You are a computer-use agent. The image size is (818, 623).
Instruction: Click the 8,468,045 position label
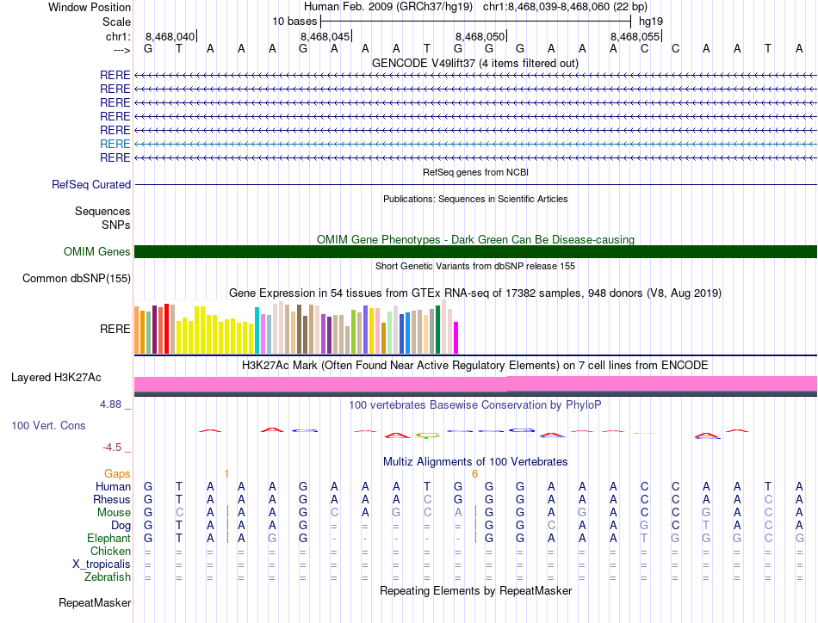click(325, 36)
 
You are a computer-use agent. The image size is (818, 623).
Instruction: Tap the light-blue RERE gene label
click(115, 144)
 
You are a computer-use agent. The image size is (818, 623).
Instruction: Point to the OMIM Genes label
click(97, 251)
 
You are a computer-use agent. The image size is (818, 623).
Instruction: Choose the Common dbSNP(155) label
click(77, 278)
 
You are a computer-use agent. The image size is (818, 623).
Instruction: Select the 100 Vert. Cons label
click(48, 425)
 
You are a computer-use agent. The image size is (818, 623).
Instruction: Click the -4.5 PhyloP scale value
click(115, 447)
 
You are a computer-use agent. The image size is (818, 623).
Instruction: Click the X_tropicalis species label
click(102, 564)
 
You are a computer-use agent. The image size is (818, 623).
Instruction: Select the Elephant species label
click(108, 538)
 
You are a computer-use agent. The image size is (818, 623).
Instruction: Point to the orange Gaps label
click(117, 473)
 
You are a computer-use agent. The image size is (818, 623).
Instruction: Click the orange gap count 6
click(474, 473)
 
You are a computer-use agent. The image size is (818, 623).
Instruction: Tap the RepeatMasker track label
click(95, 603)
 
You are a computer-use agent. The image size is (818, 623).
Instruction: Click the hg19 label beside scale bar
click(650, 21)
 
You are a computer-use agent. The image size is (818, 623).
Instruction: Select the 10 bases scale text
click(294, 21)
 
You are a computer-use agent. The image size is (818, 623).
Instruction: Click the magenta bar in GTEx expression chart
click(456, 336)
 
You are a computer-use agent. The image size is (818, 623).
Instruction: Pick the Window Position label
click(90, 7)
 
